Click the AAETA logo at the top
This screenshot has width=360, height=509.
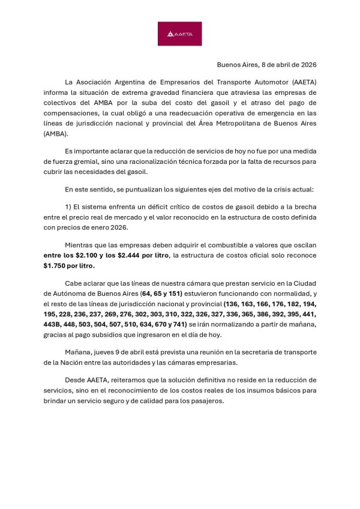(x=179, y=34)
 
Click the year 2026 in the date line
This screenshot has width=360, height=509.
(x=306, y=64)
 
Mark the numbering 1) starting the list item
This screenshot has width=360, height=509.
(x=68, y=207)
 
